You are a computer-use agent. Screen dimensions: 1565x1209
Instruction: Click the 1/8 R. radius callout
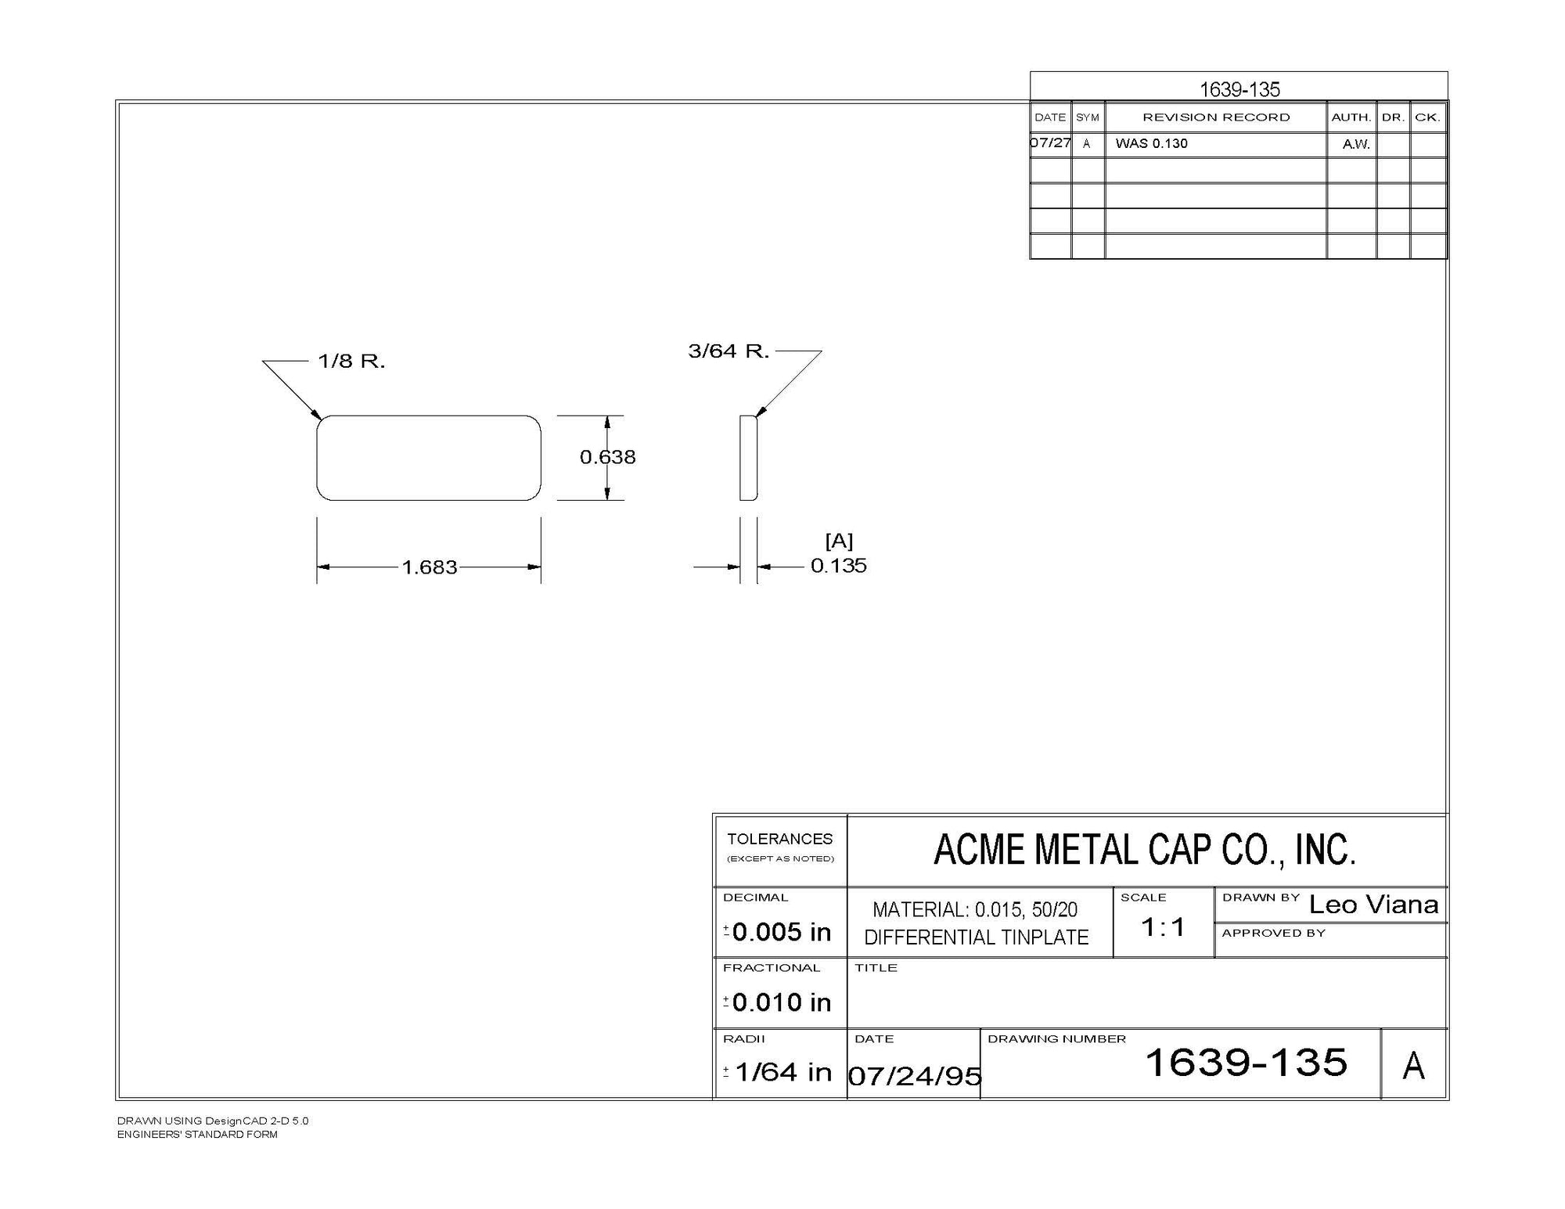click(x=351, y=361)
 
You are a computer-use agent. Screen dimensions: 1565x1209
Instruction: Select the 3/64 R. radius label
click(x=729, y=351)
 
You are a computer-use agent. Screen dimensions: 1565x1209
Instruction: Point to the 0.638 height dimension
click(x=608, y=457)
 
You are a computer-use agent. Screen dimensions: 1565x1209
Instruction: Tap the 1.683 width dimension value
click(x=430, y=567)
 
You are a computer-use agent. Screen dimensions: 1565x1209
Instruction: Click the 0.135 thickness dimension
click(x=839, y=566)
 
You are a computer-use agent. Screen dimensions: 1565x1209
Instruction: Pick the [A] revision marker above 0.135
click(x=839, y=541)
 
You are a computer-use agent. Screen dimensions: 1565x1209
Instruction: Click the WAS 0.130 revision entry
click(x=1151, y=143)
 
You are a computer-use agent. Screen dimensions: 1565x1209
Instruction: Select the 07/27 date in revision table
click(x=1050, y=143)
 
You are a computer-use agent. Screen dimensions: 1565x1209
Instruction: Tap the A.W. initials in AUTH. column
click(x=1356, y=144)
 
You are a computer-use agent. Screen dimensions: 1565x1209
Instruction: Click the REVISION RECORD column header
click(x=1216, y=117)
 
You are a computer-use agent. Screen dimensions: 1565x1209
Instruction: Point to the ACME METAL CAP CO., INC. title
click(x=1145, y=850)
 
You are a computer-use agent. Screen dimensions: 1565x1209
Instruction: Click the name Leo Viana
click(x=1373, y=905)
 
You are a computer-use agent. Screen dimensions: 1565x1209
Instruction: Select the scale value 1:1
click(x=1163, y=927)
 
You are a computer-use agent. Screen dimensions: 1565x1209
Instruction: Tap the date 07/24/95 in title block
click(x=915, y=1076)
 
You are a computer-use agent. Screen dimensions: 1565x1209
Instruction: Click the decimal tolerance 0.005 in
click(x=781, y=932)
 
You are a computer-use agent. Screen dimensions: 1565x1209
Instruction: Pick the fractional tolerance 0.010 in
click(x=781, y=1002)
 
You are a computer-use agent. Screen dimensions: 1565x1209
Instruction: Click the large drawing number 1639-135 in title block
click(x=1246, y=1063)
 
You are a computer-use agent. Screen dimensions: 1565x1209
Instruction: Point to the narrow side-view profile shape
click(x=749, y=458)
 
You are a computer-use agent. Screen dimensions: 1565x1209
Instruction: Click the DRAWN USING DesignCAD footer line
click(x=213, y=1121)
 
